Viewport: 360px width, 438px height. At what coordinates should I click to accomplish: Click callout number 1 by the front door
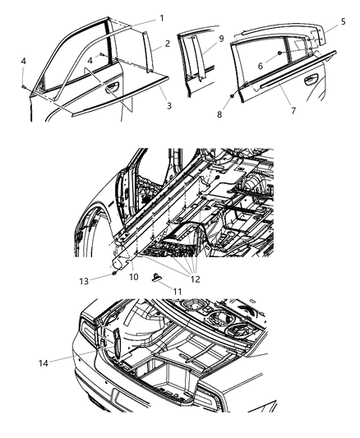(161, 17)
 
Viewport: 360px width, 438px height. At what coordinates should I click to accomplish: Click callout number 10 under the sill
(133, 277)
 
